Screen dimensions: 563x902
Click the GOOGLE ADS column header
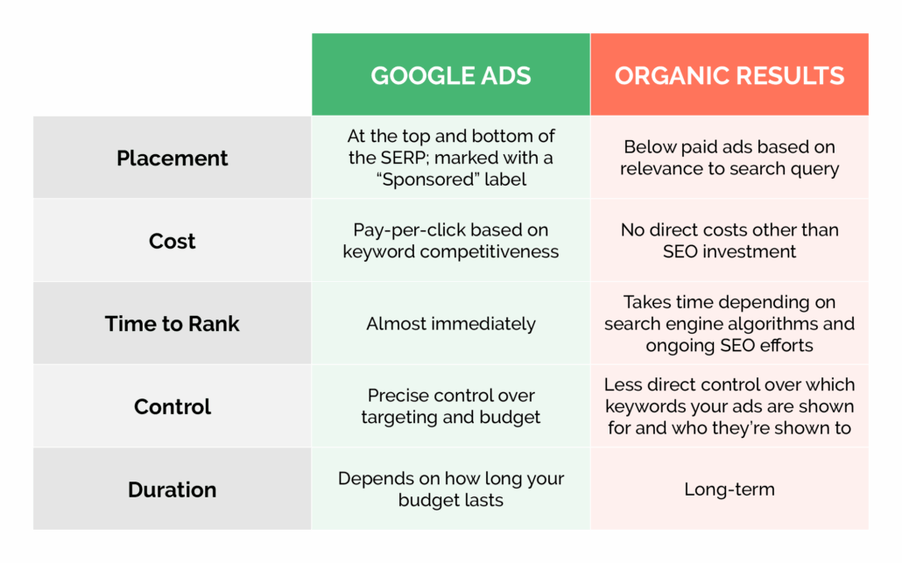pos(451,75)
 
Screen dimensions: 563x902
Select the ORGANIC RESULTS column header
pos(729,75)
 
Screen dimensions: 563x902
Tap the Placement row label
pos(172,158)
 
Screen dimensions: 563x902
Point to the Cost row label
pos(172,241)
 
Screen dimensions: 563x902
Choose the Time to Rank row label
pos(172,324)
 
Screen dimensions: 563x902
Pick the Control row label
pos(172,407)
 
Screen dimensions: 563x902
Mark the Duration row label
pos(172,489)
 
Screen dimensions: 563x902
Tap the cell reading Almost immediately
pos(451,324)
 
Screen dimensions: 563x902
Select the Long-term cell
pos(729,489)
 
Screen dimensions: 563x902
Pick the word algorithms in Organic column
pos(792,324)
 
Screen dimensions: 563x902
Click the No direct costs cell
pos(729,241)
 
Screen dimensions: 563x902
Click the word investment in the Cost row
pos(753,252)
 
